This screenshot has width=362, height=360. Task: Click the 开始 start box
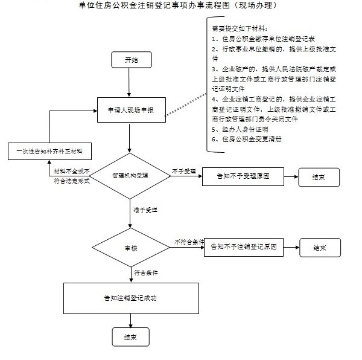tap(132, 60)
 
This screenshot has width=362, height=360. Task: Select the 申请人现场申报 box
tap(132, 110)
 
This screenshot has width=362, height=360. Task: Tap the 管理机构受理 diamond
tap(130, 176)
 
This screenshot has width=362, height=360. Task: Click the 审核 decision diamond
tap(131, 248)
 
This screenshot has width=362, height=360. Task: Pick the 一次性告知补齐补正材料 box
tap(49, 152)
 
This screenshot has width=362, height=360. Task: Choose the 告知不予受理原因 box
tap(243, 176)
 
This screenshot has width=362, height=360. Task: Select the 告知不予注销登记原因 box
tap(244, 247)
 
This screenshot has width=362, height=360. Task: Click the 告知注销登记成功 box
tap(131, 298)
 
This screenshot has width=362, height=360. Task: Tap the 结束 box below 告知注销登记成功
tap(131, 337)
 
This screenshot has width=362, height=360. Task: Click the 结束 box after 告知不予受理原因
tap(319, 177)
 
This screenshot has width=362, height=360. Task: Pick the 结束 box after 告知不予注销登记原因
tap(320, 248)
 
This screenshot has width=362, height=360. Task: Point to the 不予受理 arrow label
tap(184, 171)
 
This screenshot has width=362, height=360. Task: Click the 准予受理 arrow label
tap(145, 210)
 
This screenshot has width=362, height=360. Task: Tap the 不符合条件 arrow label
tap(189, 242)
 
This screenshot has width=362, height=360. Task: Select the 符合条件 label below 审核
tap(146, 272)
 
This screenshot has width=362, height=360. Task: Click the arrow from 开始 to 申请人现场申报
tap(129, 82)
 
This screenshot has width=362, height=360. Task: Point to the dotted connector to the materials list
tap(186, 104)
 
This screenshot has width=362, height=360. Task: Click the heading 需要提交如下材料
tap(240, 28)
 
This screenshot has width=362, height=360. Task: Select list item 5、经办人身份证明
tap(240, 129)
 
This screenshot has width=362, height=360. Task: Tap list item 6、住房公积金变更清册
tap(247, 139)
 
